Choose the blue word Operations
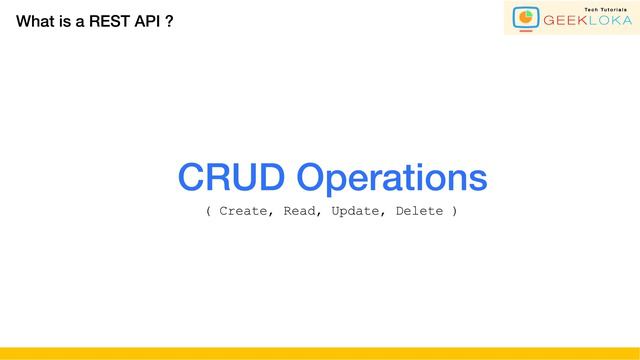(x=392, y=180)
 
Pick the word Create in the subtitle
(x=244, y=211)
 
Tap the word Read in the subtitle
(x=302, y=211)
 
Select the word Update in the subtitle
(x=355, y=211)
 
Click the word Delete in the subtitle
(x=419, y=211)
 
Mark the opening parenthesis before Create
(x=208, y=211)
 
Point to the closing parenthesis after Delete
(x=455, y=211)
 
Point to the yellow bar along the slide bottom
(x=320, y=353)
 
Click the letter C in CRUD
(x=192, y=178)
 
